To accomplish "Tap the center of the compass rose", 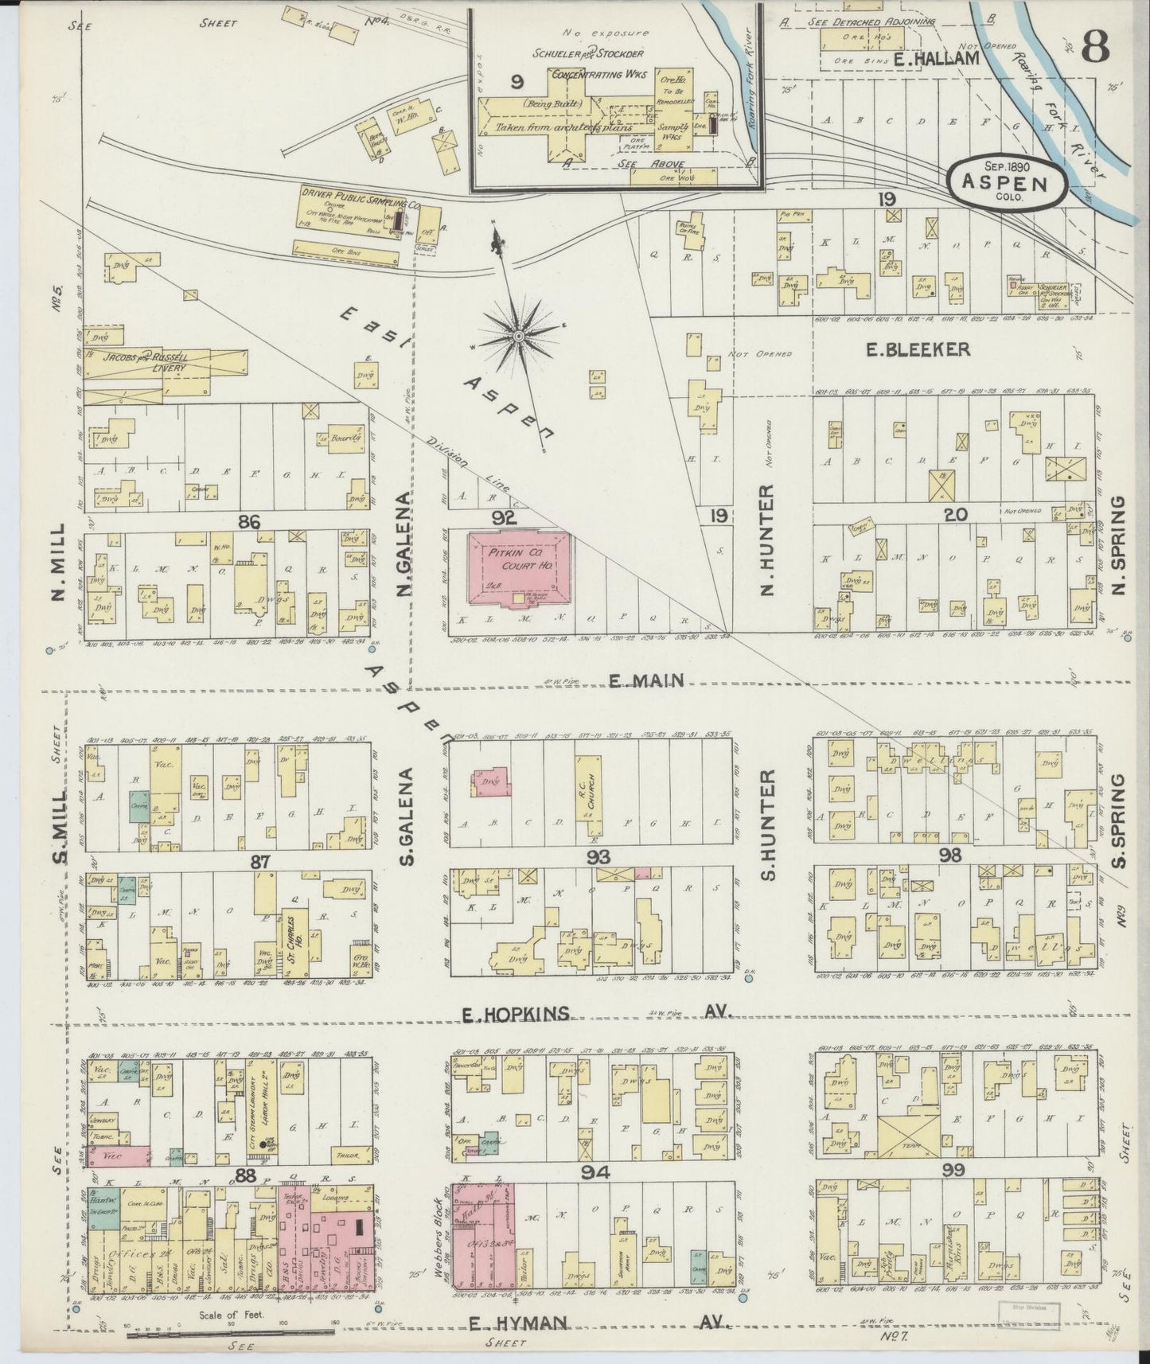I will pos(518,337).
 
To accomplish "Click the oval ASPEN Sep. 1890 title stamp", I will pos(1008,180).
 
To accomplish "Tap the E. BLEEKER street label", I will pos(917,349).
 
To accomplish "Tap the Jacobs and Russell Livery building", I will pos(166,365).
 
